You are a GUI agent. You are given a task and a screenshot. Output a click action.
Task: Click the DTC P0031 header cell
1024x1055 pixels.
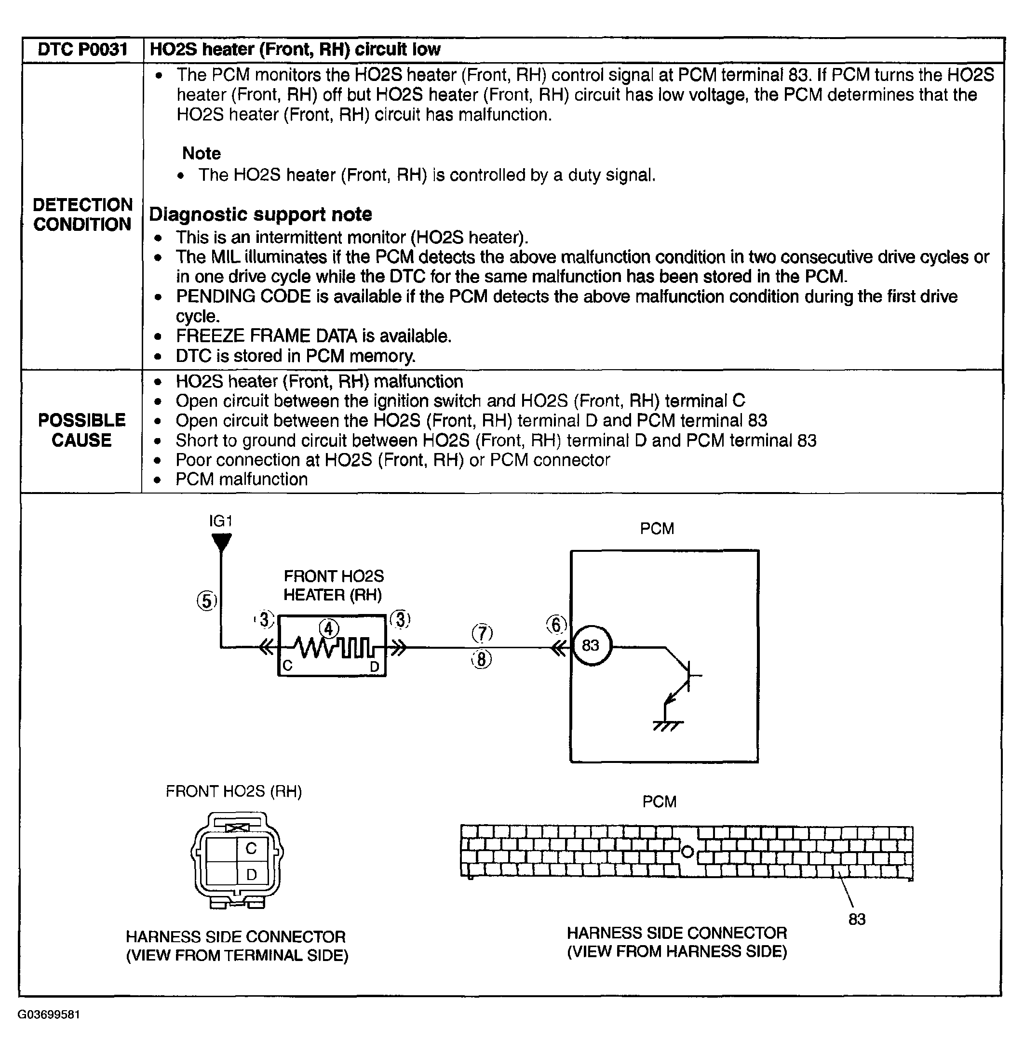coord(82,50)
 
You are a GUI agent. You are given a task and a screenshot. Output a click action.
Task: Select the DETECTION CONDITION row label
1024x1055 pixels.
coord(82,214)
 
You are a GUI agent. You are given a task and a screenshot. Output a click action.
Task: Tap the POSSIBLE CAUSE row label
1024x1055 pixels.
coord(82,430)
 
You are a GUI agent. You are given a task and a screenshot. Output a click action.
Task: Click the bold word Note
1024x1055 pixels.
coord(202,153)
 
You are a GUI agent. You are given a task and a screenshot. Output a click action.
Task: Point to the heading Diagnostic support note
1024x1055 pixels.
coord(260,214)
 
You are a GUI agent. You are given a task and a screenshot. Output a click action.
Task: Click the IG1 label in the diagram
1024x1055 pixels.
coord(221,521)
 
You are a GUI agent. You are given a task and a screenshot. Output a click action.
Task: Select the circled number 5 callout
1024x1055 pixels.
coord(207,601)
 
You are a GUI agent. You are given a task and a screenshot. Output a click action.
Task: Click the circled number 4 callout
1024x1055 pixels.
coord(329,628)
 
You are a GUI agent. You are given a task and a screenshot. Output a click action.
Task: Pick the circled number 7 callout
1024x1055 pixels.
coord(483,633)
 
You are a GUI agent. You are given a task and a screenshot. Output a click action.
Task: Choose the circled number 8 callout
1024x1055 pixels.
coord(482,659)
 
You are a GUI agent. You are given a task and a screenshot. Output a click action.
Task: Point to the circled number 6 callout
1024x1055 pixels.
coord(557,625)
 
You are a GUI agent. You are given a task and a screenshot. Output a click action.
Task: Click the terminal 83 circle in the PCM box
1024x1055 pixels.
coord(591,645)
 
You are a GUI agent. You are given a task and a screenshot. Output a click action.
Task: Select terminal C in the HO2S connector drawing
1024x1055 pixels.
coord(251,849)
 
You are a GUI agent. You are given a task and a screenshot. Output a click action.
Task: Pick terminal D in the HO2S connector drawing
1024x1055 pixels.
coord(251,875)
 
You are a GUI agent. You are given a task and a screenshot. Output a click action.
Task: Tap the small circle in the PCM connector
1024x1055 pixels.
coord(687,852)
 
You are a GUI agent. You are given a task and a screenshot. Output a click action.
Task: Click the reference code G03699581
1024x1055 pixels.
coord(49,1015)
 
